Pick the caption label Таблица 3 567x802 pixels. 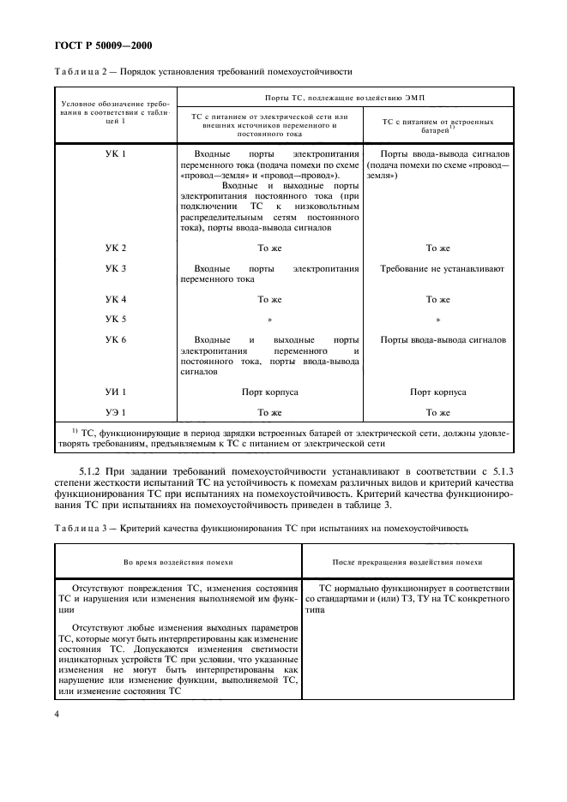click(82, 529)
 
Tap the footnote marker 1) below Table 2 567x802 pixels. click(75, 432)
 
